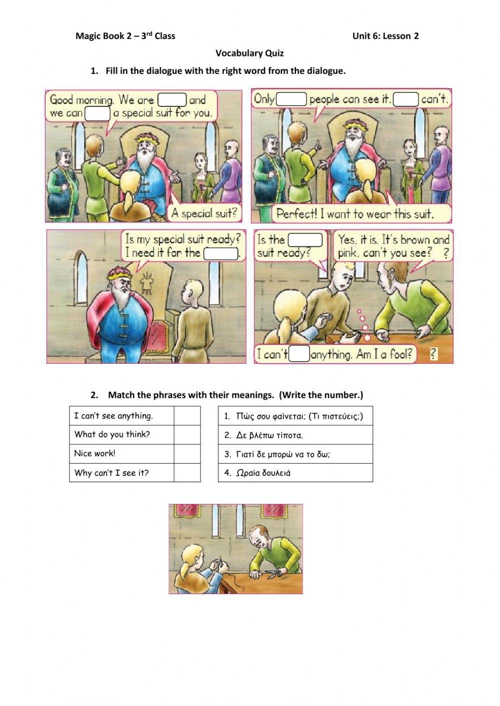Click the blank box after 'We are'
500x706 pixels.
pos(172,100)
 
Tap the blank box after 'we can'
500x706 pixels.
pos(97,113)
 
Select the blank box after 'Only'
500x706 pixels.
pos(291,99)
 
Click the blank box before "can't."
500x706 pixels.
pos(405,99)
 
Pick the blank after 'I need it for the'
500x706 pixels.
pos(221,253)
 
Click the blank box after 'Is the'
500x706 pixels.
pos(305,240)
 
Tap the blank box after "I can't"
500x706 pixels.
pos(299,354)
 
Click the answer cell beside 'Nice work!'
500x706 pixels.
pos(187,454)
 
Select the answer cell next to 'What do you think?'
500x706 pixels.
pos(187,435)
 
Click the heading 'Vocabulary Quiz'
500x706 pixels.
pos(249,53)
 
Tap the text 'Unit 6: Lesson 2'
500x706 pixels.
pos(385,36)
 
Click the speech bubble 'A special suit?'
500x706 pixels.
pos(204,213)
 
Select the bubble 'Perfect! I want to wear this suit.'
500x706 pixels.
pos(355,214)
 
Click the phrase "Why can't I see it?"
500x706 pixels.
pos(111,473)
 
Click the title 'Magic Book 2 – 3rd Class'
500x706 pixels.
pos(125,36)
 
